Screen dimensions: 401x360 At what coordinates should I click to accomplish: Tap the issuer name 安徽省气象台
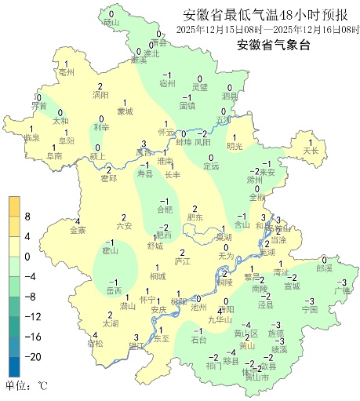pyautogui.click(x=274, y=45)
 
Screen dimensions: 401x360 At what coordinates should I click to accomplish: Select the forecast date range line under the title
pyautogui.click(x=267, y=30)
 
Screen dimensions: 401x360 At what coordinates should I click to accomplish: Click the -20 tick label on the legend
pyautogui.click(x=34, y=356)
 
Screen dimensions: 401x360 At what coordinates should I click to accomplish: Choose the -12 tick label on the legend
pyautogui.click(x=34, y=316)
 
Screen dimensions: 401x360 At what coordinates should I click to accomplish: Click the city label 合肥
pyautogui.click(x=164, y=210)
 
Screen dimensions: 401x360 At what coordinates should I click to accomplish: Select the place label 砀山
pyautogui.click(x=111, y=23)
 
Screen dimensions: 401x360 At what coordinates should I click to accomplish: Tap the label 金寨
pyautogui.click(x=78, y=231)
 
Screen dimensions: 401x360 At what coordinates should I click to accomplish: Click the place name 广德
pyautogui.click(x=341, y=291)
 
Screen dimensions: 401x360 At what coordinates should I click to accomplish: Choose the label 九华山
pyautogui.click(x=220, y=319)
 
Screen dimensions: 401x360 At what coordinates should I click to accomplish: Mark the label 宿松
pyautogui.click(x=95, y=344)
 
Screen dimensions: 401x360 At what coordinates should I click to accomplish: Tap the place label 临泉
pyautogui.click(x=31, y=138)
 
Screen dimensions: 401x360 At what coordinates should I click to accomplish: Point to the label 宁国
pyautogui.click(x=309, y=310)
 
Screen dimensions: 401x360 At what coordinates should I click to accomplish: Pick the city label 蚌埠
pyautogui.click(x=183, y=143)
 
